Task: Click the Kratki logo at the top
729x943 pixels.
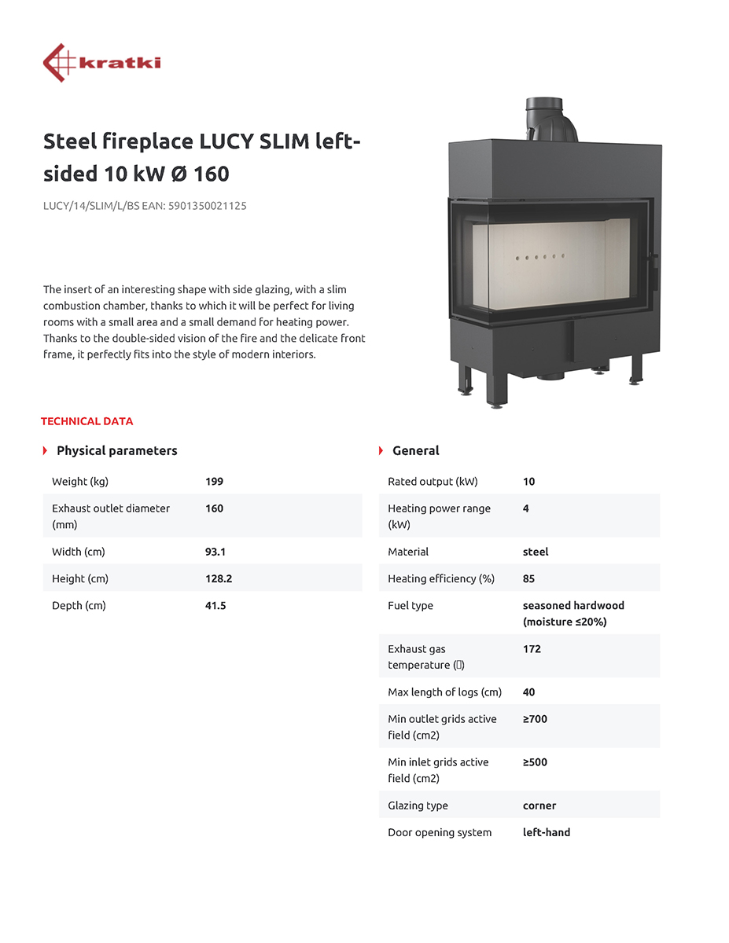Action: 102,63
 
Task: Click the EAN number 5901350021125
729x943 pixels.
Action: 207,206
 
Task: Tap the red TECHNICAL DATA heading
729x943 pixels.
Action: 87,421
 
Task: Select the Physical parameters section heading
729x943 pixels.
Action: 116,451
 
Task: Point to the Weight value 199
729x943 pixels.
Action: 214,482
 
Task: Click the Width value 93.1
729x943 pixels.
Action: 215,552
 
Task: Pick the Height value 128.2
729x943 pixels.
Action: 219,578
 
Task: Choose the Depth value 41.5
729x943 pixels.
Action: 215,606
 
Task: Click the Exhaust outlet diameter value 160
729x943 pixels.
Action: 214,508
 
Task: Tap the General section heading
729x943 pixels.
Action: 415,451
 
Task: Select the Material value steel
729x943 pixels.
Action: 536,552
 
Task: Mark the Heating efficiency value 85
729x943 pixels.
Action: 528,578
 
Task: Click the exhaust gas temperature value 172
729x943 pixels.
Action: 532,649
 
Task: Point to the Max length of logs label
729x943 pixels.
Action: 444,692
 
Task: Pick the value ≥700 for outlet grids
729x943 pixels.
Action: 535,719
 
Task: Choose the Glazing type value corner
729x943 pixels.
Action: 539,805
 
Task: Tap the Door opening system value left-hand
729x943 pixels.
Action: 547,832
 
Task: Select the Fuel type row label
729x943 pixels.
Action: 411,606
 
